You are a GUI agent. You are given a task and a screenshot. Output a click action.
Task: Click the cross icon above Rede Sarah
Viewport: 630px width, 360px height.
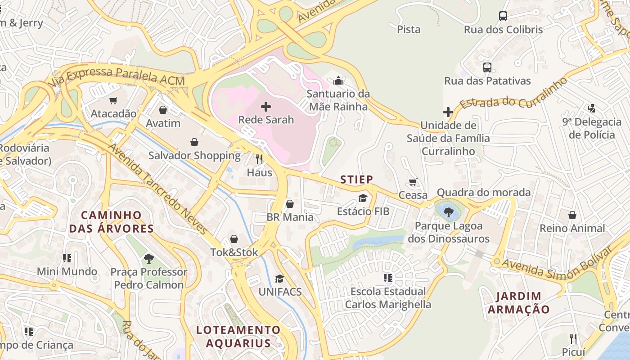click(266, 107)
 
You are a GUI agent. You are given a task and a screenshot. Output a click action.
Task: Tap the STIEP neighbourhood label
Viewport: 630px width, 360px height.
click(356, 180)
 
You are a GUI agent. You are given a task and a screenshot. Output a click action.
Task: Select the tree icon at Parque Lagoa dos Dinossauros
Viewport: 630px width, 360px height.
click(448, 212)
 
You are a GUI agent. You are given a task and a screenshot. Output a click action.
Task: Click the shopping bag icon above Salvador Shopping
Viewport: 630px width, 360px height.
click(194, 143)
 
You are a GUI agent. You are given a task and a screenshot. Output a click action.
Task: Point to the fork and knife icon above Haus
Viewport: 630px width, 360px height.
click(259, 159)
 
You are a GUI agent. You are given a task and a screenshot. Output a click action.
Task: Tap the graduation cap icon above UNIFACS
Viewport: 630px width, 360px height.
click(279, 279)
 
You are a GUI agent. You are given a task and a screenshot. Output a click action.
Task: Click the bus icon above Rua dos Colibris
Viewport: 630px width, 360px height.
click(503, 17)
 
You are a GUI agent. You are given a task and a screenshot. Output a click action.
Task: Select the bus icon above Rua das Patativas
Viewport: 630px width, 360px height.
click(487, 68)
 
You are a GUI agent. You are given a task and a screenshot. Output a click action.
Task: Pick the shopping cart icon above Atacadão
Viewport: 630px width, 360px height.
click(113, 100)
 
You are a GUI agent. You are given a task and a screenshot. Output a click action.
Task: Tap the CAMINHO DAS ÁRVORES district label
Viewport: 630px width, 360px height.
click(111, 222)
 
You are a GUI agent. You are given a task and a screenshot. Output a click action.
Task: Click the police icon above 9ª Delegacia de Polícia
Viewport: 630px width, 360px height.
click(592, 108)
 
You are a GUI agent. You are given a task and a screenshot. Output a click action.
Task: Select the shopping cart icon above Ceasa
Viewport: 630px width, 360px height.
click(413, 182)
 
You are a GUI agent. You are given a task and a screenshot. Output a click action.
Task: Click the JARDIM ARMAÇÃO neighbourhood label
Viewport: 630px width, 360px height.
click(518, 303)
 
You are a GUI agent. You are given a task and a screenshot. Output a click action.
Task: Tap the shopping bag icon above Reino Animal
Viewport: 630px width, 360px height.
click(572, 215)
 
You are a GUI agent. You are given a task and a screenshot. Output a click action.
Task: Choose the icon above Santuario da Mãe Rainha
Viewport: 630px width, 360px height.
click(338, 81)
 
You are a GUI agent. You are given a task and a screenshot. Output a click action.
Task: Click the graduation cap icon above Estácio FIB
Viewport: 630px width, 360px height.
click(363, 198)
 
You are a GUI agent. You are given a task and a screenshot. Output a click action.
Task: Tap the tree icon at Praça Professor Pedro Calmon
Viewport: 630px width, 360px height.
click(149, 259)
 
